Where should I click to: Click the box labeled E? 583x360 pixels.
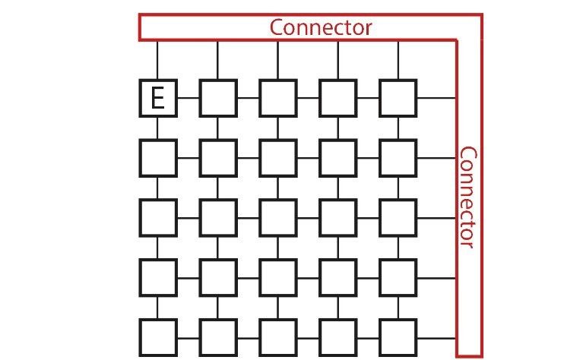tap(157, 98)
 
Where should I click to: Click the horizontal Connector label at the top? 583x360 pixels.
tap(321, 27)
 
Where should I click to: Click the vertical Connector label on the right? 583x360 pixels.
tap(467, 197)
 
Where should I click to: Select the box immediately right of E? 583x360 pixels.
tap(217, 98)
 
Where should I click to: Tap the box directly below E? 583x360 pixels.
tap(157, 158)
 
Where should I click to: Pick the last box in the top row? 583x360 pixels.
tap(398, 98)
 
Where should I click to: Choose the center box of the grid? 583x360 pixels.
tap(277, 217)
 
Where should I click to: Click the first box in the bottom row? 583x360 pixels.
tap(157, 338)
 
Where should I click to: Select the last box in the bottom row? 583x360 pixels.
tap(398, 338)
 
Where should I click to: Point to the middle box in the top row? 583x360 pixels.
tap(277, 98)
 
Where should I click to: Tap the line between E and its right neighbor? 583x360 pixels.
tap(188, 98)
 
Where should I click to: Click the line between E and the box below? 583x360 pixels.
tap(157, 128)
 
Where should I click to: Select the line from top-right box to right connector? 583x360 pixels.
tap(436, 98)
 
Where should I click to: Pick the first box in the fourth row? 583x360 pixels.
tap(157, 277)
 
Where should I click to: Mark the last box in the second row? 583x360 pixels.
tap(398, 158)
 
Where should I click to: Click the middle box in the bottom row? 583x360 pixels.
tap(277, 338)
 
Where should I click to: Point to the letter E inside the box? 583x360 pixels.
tap(157, 99)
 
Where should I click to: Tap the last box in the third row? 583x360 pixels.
tap(398, 217)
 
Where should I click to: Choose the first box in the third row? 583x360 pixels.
tap(157, 217)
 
